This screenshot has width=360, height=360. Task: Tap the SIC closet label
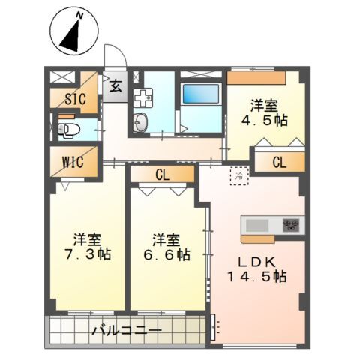(x=74, y=98)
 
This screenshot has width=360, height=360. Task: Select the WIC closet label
(x=73, y=161)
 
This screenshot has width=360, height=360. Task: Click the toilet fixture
(x=68, y=130)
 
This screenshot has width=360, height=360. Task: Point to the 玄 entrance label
(x=115, y=85)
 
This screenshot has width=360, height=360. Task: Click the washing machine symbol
(x=142, y=97)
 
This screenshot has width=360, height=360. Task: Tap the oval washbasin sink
(x=141, y=124)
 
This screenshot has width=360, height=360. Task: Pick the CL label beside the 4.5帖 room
(x=279, y=161)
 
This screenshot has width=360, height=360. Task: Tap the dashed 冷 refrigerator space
(x=238, y=176)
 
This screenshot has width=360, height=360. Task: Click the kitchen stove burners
(x=291, y=225)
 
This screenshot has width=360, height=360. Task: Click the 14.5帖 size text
(x=257, y=276)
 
